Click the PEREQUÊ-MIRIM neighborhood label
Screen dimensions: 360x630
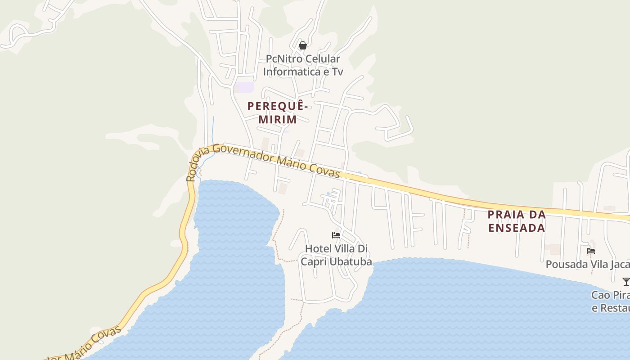coord(278,112)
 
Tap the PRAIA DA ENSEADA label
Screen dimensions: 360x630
coord(517,221)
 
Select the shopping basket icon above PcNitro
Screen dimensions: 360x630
coord(303,45)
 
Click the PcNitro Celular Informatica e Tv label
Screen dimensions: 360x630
coord(303,65)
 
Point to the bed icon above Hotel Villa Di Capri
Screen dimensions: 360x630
coord(336,235)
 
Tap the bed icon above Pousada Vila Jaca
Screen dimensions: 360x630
coord(591,251)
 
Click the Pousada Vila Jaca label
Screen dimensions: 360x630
coord(587,264)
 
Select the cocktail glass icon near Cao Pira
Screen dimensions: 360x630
coord(625,282)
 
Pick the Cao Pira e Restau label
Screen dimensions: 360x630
coord(610,301)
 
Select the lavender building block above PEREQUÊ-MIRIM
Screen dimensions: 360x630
coord(245,87)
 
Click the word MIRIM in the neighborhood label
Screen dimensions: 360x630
coord(278,119)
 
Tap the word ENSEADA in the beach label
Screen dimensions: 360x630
coord(517,228)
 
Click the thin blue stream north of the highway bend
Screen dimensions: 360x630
coord(213,128)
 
